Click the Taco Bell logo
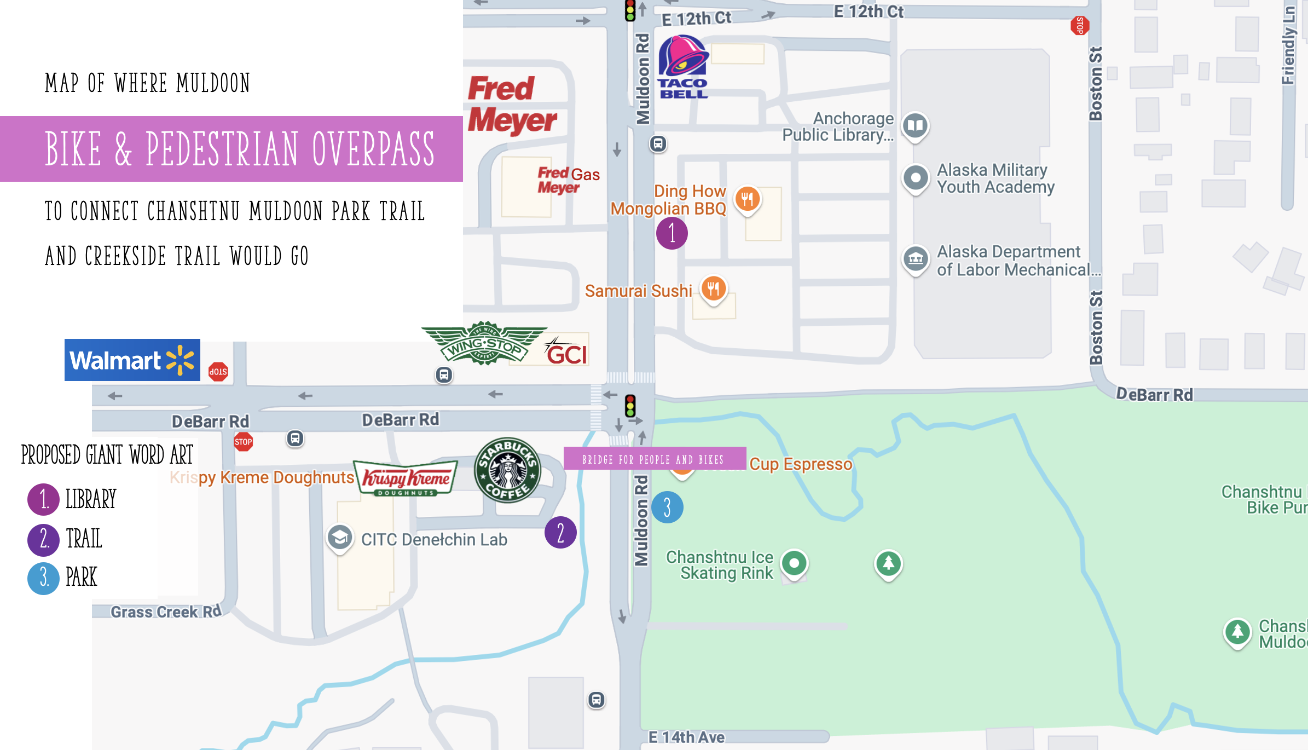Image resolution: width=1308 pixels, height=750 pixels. click(x=682, y=67)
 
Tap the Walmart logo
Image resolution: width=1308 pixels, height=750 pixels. click(x=132, y=360)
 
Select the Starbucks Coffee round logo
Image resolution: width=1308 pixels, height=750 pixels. click(x=507, y=470)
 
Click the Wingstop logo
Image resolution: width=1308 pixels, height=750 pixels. click(x=484, y=344)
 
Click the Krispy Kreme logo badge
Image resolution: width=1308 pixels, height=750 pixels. click(x=406, y=478)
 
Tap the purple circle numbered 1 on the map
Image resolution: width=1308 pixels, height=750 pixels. click(x=672, y=233)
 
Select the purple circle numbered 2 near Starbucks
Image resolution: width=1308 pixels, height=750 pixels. click(x=560, y=533)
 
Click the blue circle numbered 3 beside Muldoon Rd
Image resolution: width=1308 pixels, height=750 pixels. click(x=667, y=507)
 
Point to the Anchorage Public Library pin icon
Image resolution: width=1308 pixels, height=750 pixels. click(x=915, y=126)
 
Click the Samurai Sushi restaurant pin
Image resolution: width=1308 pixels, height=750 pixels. click(x=713, y=288)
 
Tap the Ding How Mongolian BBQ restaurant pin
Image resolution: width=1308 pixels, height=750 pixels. click(x=747, y=199)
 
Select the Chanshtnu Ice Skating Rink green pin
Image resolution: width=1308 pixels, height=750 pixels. click(x=794, y=563)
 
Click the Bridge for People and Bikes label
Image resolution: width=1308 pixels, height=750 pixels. click(x=654, y=459)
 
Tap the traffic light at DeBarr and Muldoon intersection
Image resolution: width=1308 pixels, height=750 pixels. click(x=630, y=406)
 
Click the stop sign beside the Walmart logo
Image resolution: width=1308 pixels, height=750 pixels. click(x=218, y=372)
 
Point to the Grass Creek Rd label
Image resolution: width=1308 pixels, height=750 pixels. click(x=166, y=611)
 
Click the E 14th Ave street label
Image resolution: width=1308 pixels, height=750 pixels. click(x=686, y=737)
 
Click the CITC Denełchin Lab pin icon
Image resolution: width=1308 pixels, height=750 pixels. click(x=340, y=538)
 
